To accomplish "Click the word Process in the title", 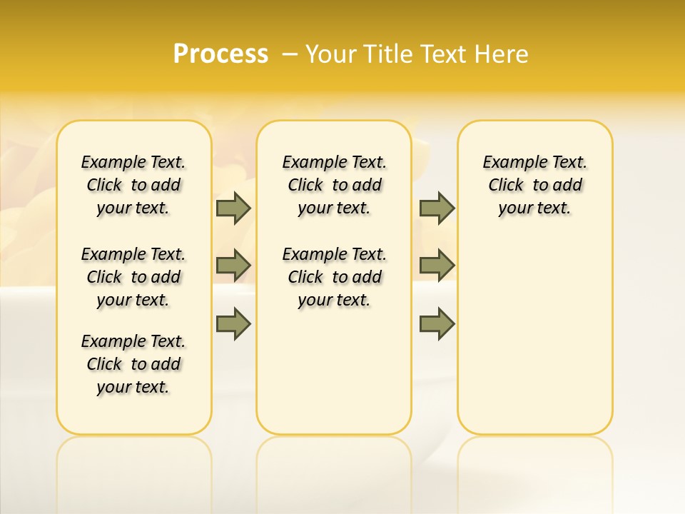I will point(220,54).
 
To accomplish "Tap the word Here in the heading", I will point(502,54).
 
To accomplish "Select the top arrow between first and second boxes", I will point(233,208).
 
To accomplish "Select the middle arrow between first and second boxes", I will point(233,266).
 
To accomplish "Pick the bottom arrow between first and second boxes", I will point(233,323).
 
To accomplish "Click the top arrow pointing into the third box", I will point(437,208).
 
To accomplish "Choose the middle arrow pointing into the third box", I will point(437,266).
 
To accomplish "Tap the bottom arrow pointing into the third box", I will point(437,323).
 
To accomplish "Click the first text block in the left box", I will point(133,185).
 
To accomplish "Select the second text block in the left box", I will point(133,277).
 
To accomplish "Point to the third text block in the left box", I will point(133,364).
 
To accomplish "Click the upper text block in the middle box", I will point(334,185).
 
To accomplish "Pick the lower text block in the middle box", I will point(334,277).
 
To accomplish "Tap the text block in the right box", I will point(535,185).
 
